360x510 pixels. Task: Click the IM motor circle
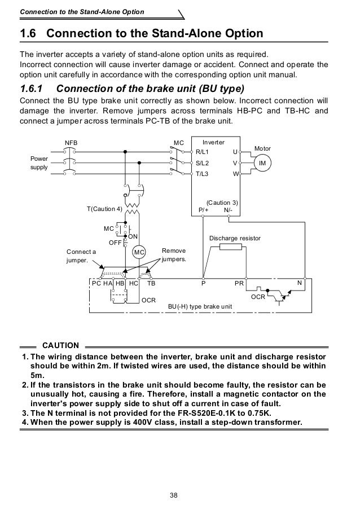(261, 162)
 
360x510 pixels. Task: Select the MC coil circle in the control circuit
(139, 252)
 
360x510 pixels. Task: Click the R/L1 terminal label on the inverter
(202, 152)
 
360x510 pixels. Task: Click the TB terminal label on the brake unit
(151, 283)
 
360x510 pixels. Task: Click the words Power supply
(39, 163)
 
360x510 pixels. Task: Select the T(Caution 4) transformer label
(104, 209)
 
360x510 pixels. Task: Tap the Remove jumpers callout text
(173, 255)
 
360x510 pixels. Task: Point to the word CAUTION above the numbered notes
(61, 344)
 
